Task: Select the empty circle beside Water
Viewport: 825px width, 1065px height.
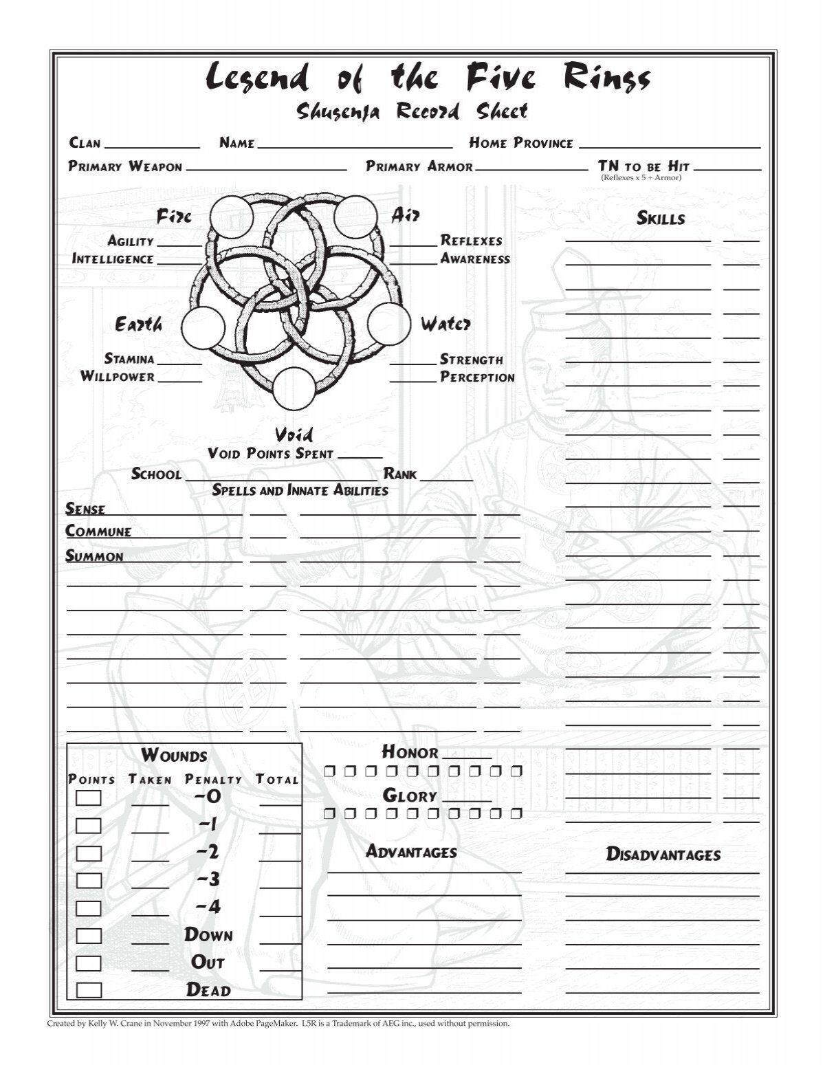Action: pyautogui.click(x=388, y=324)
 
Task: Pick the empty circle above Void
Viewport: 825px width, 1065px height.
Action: pyautogui.click(x=294, y=388)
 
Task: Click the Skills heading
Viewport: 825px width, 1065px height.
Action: pyautogui.click(x=661, y=219)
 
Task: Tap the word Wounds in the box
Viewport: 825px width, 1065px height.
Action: pyautogui.click(x=174, y=756)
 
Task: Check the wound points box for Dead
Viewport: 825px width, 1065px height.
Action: pyautogui.click(x=89, y=990)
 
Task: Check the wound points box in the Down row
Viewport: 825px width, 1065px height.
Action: pyautogui.click(x=89, y=936)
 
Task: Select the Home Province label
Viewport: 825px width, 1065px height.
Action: pyautogui.click(x=521, y=143)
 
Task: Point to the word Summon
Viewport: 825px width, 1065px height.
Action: pyautogui.click(x=95, y=556)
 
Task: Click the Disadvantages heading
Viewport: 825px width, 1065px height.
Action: pyautogui.click(x=663, y=855)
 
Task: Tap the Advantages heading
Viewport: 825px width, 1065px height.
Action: pyautogui.click(x=411, y=852)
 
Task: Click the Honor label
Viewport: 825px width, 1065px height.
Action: pyautogui.click(x=410, y=752)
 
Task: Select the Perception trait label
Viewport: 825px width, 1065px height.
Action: pyautogui.click(x=477, y=377)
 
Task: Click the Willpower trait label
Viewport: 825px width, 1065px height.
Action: pyautogui.click(x=118, y=376)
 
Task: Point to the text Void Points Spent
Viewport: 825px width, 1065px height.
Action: pyautogui.click(x=270, y=454)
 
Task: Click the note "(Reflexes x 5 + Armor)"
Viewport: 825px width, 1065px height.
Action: pyautogui.click(x=641, y=177)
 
